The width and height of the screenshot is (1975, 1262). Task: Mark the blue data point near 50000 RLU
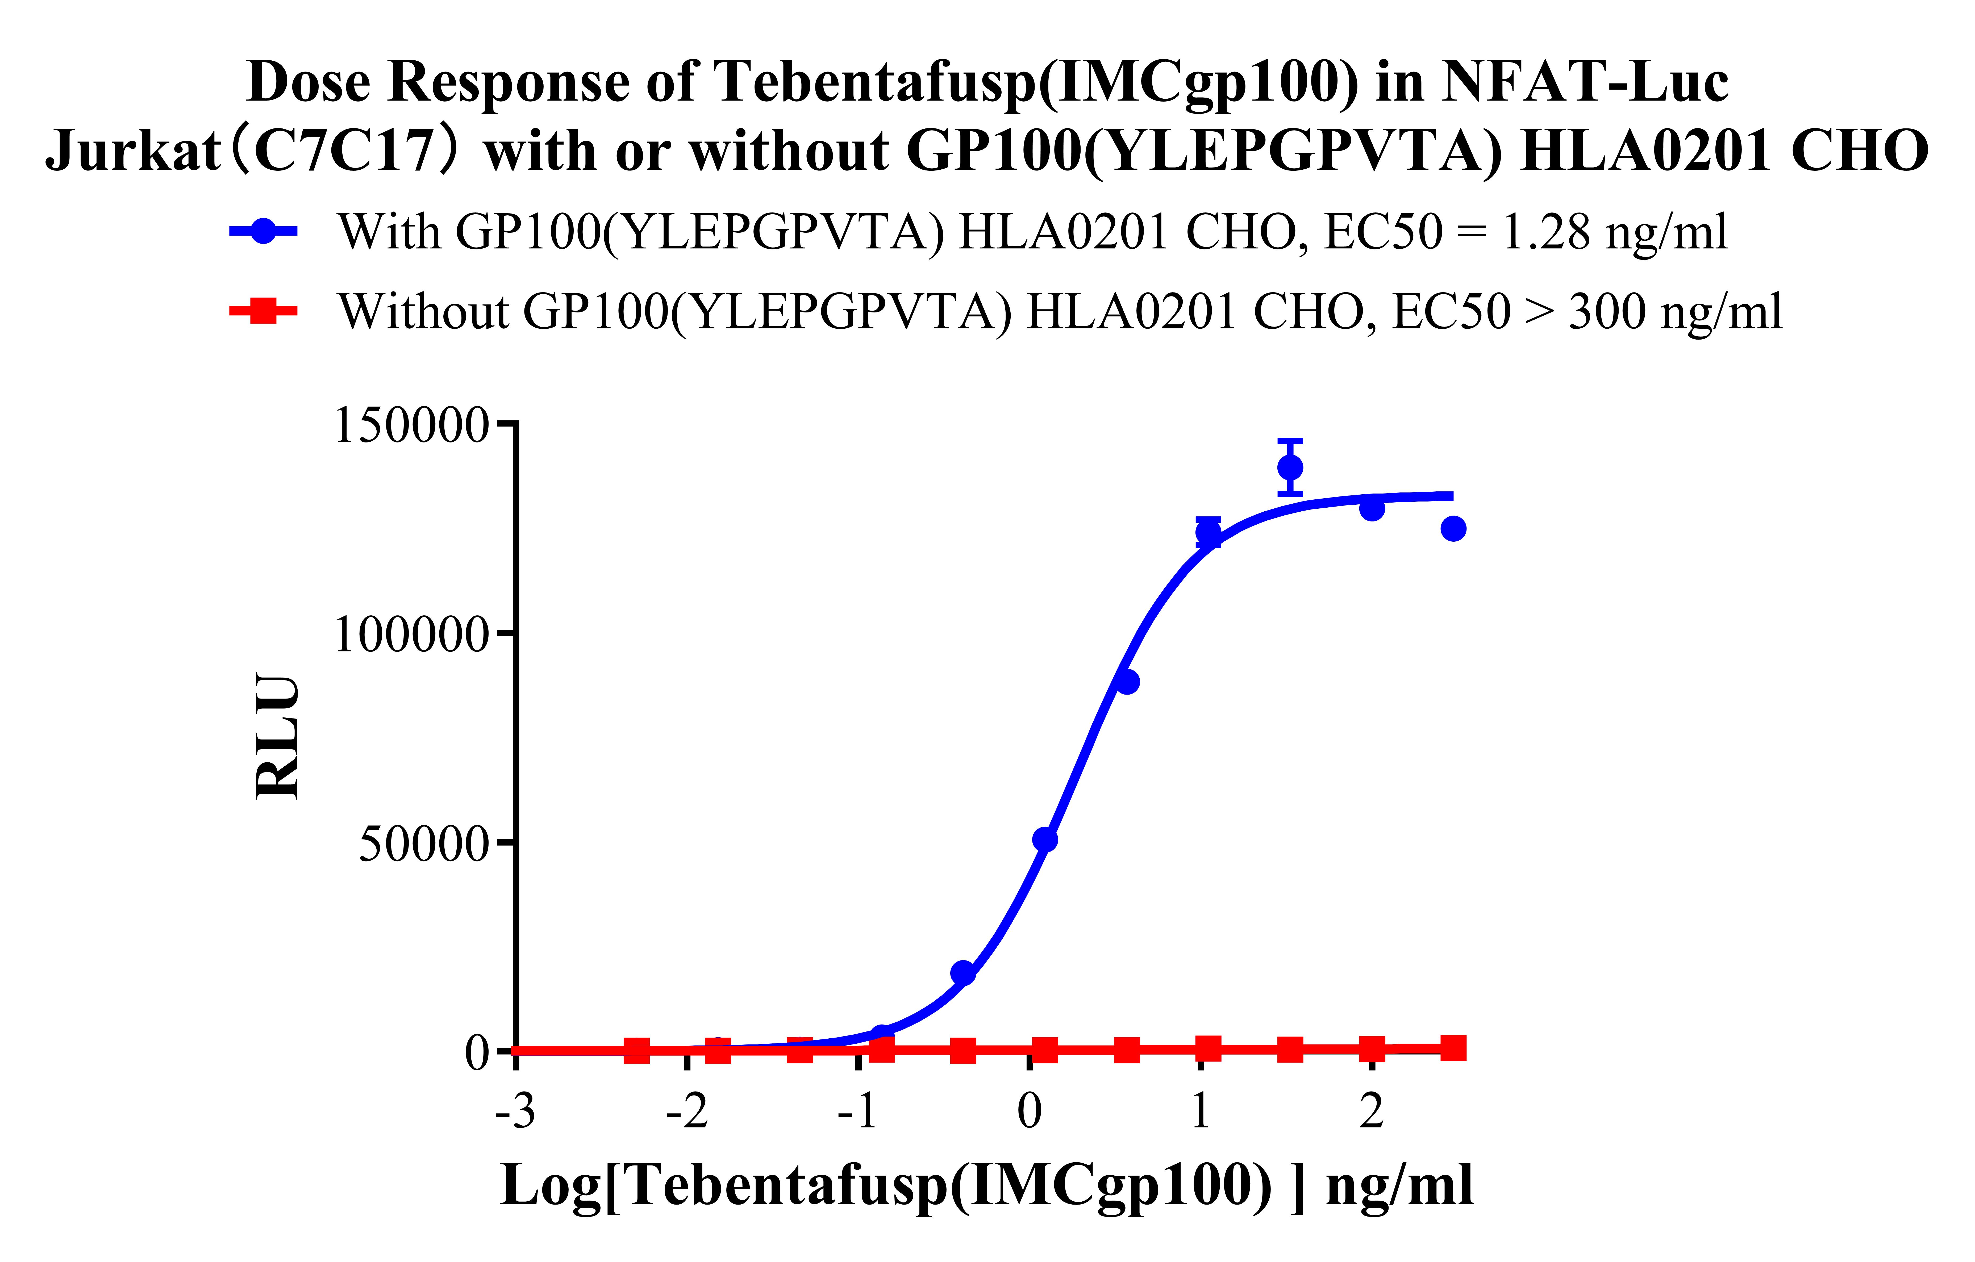1045,840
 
